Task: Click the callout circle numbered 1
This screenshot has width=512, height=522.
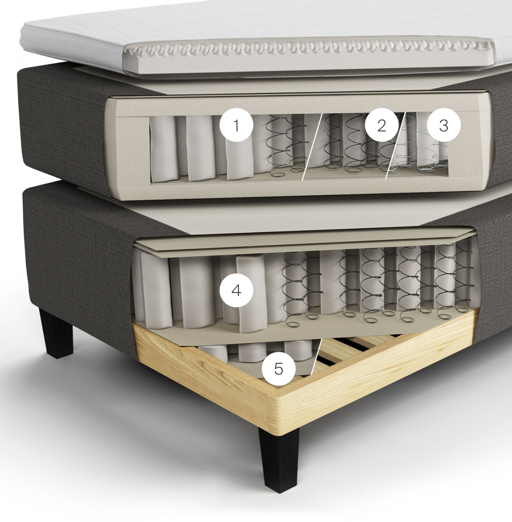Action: (x=236, y=125)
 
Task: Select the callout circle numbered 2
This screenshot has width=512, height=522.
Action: (x=382, y=125)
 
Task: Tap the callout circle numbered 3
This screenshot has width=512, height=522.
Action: (x=444, y=125)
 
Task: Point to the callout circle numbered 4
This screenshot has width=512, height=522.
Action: (x=236, y=290)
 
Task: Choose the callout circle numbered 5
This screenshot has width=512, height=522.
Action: (x=278, y=369)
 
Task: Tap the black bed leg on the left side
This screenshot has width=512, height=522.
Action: (x=57, y=333)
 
